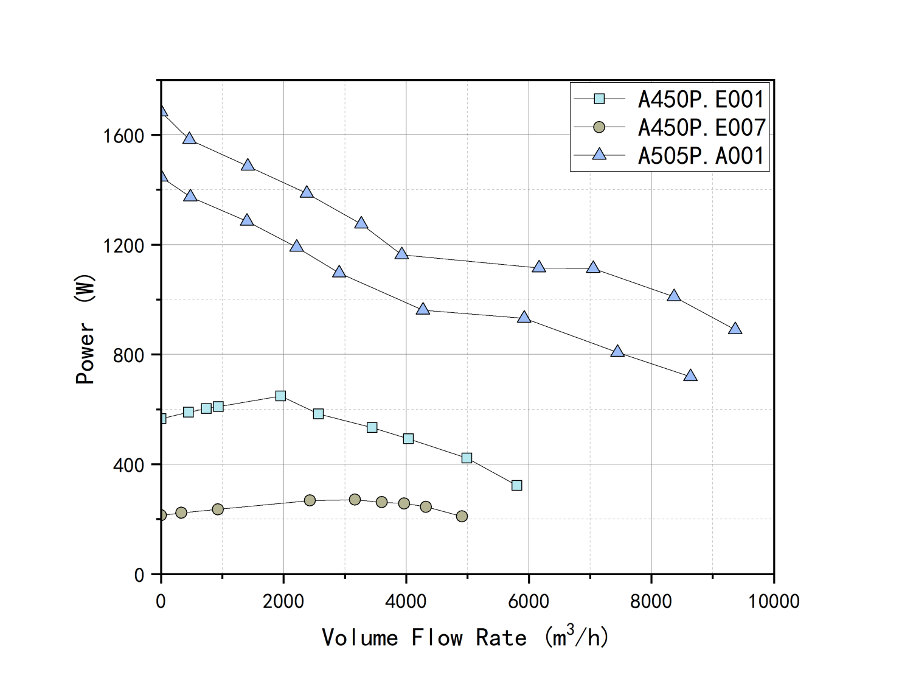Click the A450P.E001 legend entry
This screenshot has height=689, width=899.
point(701,99)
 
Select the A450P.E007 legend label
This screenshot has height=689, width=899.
point(701,127)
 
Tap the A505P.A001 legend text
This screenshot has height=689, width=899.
point(701,156)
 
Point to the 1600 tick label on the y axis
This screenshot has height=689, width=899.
point(123,135)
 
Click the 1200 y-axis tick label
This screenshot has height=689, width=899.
point(123,245)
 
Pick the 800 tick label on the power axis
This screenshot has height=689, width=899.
point(128,355)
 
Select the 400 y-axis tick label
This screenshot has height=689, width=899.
point(128,465)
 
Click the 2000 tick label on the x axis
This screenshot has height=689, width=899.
point(283,601)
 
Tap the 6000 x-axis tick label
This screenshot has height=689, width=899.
point(528,601)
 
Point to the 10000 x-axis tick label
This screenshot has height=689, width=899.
point(773,601)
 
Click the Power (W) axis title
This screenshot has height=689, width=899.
point(85,329)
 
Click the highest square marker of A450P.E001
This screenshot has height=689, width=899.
point(280,396)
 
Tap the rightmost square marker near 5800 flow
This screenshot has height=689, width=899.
point(516,485)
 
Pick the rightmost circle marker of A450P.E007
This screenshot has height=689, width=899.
point(462,516)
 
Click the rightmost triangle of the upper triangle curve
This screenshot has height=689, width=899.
point(735,329)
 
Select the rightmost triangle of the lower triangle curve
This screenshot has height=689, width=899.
point(690,376)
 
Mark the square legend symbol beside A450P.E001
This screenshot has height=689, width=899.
point(599,99)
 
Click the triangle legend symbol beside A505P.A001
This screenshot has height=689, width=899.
point(599,155)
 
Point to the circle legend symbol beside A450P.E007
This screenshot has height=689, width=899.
point(599,127)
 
